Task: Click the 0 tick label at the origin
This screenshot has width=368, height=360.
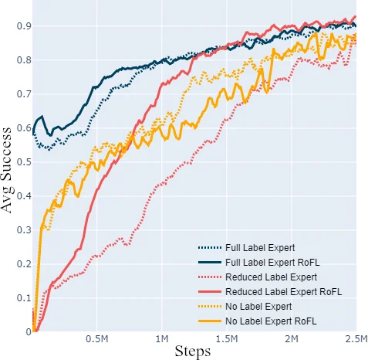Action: point(29,332)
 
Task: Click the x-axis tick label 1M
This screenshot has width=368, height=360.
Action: point(162,338)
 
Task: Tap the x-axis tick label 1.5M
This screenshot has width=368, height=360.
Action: point(226,338)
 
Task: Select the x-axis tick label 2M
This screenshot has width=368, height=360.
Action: point(292,338)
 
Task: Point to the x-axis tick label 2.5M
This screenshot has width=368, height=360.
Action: point(355,338)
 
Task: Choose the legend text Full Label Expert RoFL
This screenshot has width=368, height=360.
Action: point(272,263)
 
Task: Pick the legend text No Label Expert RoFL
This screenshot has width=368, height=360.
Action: point(269,320)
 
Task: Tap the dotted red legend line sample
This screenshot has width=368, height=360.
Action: point(209,277)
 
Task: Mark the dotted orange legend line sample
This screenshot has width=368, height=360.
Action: point(209,306)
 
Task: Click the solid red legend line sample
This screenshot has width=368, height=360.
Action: point(209,291)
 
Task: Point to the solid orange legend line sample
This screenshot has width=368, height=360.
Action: point(209,320)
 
